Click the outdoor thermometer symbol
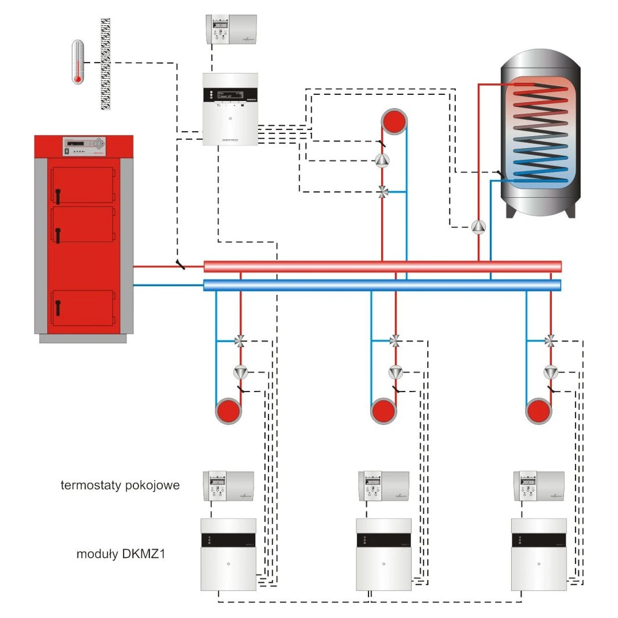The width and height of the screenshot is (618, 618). (78, 62)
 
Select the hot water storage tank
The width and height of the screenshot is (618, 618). (539, 132)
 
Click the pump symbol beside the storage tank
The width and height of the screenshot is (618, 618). (478, 227)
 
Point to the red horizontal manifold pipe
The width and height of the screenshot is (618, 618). (382, 266)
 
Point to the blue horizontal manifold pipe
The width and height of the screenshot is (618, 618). (382, 285)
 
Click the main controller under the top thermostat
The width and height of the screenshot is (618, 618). (231, 109)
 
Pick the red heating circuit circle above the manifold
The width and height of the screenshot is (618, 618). (394, 122)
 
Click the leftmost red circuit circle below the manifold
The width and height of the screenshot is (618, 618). (227, 411)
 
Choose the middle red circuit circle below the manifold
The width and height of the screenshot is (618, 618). (382, 411)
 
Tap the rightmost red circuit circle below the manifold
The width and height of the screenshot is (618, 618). (538, 411)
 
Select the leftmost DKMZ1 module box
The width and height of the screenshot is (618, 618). (228, 554)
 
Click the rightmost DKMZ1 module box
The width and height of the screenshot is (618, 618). (539, 554)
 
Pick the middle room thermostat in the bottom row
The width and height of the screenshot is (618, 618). (383, 486)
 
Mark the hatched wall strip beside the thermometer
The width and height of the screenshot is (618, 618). (106, 63)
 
